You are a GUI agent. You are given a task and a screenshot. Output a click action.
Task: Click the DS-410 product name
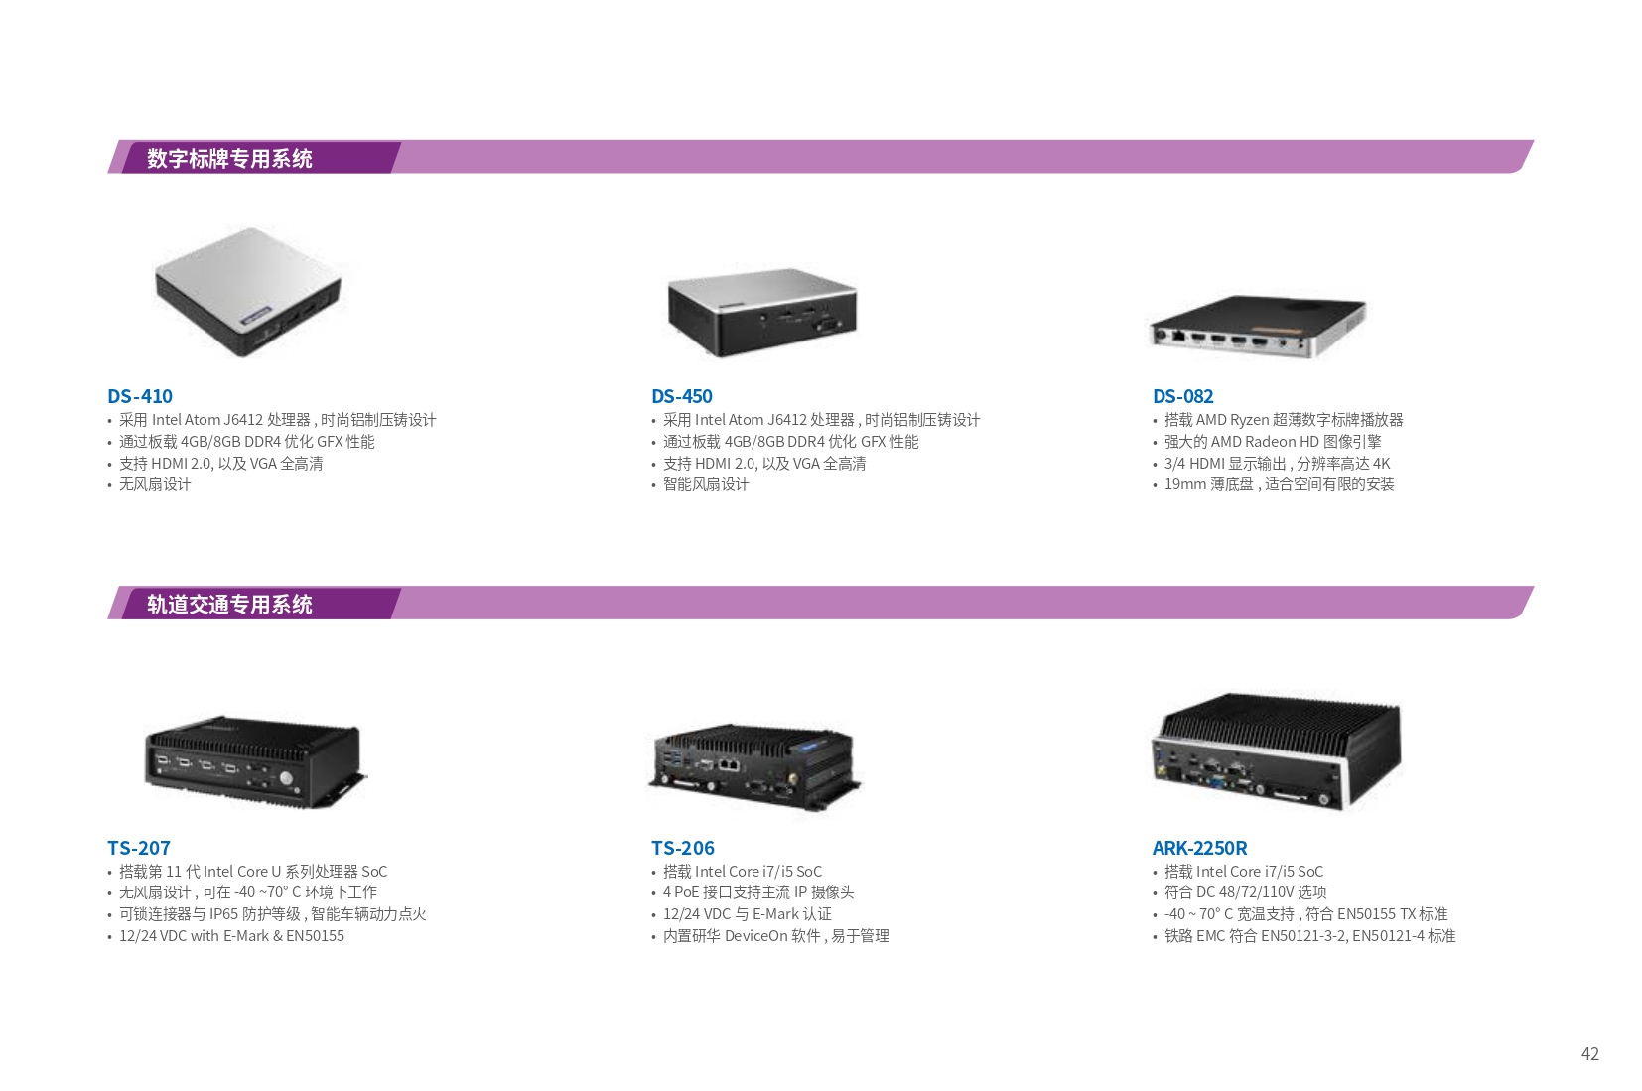click(x=140, y=396)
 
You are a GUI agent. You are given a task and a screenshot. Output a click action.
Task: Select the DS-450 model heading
click(x=682, y=396)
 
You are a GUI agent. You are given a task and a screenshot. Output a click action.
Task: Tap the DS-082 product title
click(x=1183, y=396)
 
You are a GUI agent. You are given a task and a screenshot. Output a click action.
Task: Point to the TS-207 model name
click(x=139, y=848)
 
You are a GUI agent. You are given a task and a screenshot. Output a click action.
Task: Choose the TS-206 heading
click(x=682, y=848)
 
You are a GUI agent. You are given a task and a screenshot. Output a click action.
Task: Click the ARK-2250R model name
click(x=1200, y=848)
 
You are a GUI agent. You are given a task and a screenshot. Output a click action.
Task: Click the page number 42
click(x=1590, y=1053)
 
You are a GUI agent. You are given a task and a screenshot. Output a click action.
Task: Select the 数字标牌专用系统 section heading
click(x=229, y=158)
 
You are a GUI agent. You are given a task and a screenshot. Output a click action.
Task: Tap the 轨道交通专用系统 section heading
click(x=229, y=604)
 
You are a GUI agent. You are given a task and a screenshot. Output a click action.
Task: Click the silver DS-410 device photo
click(x=248, y=292)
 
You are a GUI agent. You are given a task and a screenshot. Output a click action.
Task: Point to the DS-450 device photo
click(x=761, y=313)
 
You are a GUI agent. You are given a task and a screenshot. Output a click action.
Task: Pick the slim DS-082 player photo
click(x=1258, y=327)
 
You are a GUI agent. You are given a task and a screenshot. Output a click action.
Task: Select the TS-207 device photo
click(x=255, y=762)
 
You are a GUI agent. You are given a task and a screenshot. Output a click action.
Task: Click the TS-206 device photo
click(x=754, y=767)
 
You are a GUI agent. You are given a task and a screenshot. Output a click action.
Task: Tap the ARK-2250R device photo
click(x=1277, y=751)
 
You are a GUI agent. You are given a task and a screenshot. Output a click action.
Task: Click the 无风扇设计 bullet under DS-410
click(x=155, y=484)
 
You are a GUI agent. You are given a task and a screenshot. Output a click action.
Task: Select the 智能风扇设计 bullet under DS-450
click(x=706, y=484)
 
